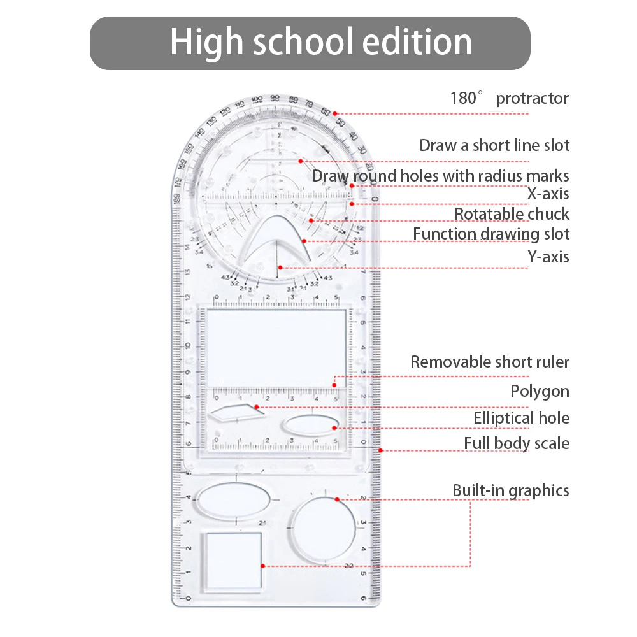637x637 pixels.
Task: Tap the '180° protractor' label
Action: pyautogui.click(x=510, y=98)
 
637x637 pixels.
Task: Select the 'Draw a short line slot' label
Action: pyautogui.click(x=494, y=145)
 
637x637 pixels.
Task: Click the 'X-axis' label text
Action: pyautogui.click(x=548, y=194)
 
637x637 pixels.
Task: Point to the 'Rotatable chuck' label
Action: pyautogui.click(x=512, y=214)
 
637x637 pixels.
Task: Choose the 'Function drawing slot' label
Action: pyautogui.click(x=491, y=234)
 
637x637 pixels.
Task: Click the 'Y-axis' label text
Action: pyautogui.click(x=548, y=257)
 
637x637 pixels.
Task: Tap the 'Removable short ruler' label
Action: pyautogui.click(x=490, y=362)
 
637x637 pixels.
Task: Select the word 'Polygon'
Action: pyautogui.click(x=540, y=391)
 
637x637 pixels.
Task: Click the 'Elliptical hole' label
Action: pyautogui.click(x=521, y=418)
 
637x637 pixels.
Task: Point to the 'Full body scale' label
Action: pyautogui.click(x=517, y=443)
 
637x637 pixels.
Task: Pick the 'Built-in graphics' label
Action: pyautogui.click(x=511, y=490)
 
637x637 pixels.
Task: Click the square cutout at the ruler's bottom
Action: pyautogui.click(x=233, y=560)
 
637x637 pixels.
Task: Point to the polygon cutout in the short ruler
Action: pyautogui.click(x=236, y=412)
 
